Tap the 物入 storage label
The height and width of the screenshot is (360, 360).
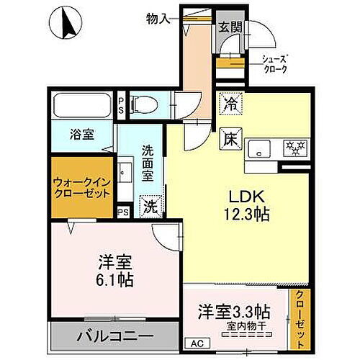[158, 17]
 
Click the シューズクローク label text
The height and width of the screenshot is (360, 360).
[274, 64]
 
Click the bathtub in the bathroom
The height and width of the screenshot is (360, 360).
[80, 106]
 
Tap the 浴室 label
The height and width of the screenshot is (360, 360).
[81, 133]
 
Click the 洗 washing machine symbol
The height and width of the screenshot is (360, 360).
[150, 205]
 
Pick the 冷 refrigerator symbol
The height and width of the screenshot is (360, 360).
[230, 102]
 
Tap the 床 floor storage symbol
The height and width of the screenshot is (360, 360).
[230, 135]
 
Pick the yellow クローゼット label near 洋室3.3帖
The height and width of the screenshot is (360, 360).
[300, 316]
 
